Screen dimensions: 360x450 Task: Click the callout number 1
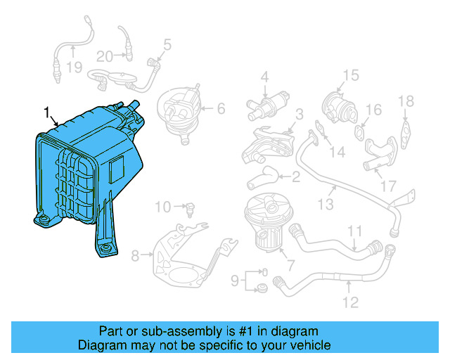pyautogui.click(x=47, y=112)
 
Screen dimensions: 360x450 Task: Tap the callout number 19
pyautogui.click(x=75, y=67)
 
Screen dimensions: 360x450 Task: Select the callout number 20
pyautogui.click(x=104, y=56)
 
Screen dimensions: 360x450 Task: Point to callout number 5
pyautogui.click(x=167, y=45)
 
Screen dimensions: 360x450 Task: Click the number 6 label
pyautogui.click(x=220, y=108)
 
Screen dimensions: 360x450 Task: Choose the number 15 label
pyautogui.click(x=350, y=75)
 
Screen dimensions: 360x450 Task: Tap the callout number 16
pyautogui.click(x=373, y=110)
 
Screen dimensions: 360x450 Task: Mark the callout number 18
pyautogui.click(x=406, y=102)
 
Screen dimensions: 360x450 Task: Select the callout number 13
pyautogui.click(x=324, y=204)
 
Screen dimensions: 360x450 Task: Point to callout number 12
pyautogui.click(x=350, y=303)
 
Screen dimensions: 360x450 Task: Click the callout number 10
pyautogui.click(x=162, y=207)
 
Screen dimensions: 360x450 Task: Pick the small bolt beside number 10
pyautogui.click(x=191, y=207)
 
